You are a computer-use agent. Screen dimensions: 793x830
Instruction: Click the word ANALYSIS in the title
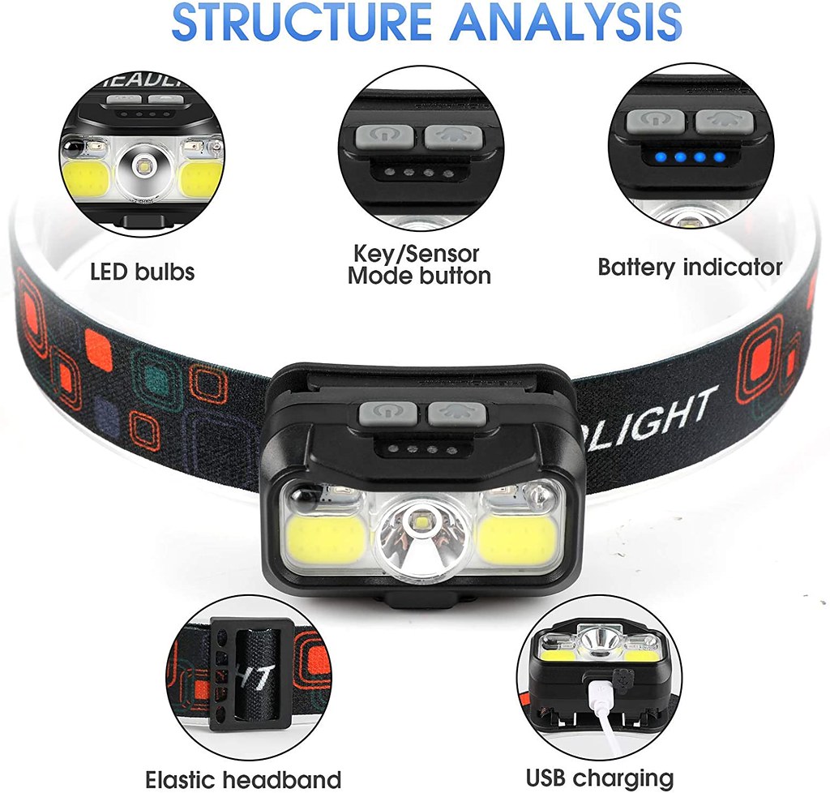(567, 22)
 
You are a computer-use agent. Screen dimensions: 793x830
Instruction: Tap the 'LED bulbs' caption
(143, 271)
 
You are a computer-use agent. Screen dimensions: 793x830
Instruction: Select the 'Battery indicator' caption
(690, 267)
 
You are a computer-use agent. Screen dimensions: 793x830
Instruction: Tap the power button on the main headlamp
(387, 414)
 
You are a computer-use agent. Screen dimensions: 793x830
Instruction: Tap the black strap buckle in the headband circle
(242, 677)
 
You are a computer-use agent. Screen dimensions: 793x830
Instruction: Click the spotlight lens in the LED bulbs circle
(143, 169)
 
